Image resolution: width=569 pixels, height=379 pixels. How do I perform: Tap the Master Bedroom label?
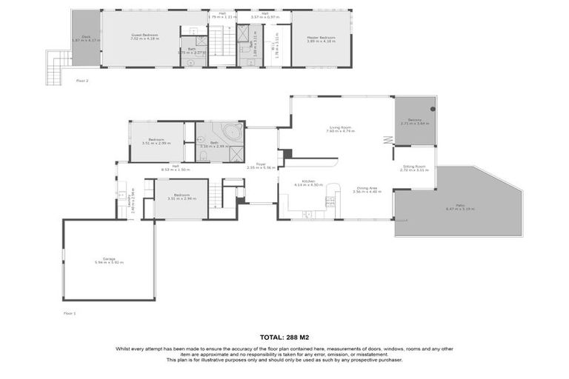(322, 38)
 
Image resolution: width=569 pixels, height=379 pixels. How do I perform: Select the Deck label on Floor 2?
(85, 37)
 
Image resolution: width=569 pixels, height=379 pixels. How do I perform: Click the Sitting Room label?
(414, 168)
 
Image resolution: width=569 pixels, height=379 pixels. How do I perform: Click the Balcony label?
(414, 121)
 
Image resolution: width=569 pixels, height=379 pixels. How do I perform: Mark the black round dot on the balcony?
(433, 108)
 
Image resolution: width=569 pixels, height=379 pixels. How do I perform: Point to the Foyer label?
(261, 166)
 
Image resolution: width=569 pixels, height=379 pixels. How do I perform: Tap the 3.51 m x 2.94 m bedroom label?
(181, 196)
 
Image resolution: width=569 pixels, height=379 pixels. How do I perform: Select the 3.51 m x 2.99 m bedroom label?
(156, 141)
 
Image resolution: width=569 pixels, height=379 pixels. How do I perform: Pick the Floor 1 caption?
(70, 313)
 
